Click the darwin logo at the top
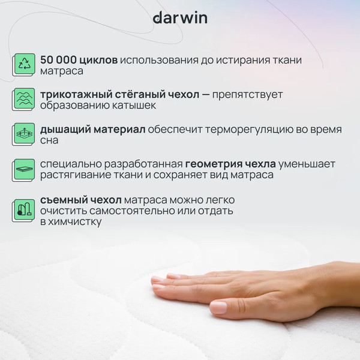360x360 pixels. (179, 18)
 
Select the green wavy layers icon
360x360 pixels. (25, 99)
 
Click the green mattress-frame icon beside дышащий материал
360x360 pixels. (25, 134)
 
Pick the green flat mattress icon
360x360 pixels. (25, 169)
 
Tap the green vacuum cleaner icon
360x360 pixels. (25, 210)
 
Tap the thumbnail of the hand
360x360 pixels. (218, 308)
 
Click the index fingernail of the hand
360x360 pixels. (159, 280)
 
